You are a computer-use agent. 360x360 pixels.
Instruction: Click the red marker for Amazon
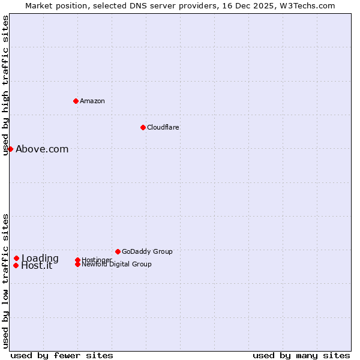pyautogui.click(x=76, y=101)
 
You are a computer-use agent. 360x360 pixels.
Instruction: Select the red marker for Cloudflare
pyautogui.click(x=143, y=127)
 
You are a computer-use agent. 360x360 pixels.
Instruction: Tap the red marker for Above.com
pyautogui.click(x=11, y=149)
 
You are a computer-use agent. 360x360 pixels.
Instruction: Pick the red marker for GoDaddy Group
pyautogui.click(x=118, y=251)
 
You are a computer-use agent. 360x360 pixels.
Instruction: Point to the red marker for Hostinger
pyautogui.click(x=77, y=260)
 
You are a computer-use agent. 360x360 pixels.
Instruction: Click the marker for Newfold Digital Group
pyautogui.click(x=77, y=265)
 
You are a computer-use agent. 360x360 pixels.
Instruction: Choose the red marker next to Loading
pyautogui.click(x=17, y=259)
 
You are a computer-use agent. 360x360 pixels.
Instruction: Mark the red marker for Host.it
pyautogui.click(x=16, y=265)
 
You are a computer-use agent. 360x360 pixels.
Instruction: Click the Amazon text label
pyautogui.click(x=92, y=101)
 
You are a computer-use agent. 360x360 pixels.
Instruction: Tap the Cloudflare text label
pyautogui.click(x=163, y=127)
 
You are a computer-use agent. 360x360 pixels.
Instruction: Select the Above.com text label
pyautogui.click(x=42, y=149)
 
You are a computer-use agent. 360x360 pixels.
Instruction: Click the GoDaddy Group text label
pyautogui.click(x=147, y=251)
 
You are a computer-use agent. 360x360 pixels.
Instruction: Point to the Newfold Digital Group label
pyautogui.click(x=117, y=264)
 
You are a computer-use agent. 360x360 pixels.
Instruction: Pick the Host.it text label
pyautogui.click(x=37, y=266)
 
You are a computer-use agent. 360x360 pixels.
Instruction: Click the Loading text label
pyautogui.click(x=40, y=259)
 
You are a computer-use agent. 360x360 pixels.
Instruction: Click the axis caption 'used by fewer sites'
pyautogui.click(x=62, y=355)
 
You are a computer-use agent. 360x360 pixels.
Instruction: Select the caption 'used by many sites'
pyautogui.click(x=301, y=355)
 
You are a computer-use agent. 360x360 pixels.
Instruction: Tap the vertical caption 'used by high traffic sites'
pyautogui.click(x=6, y=85)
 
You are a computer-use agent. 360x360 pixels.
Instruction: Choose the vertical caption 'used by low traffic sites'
pyautogui.click(x=6, y=281)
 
